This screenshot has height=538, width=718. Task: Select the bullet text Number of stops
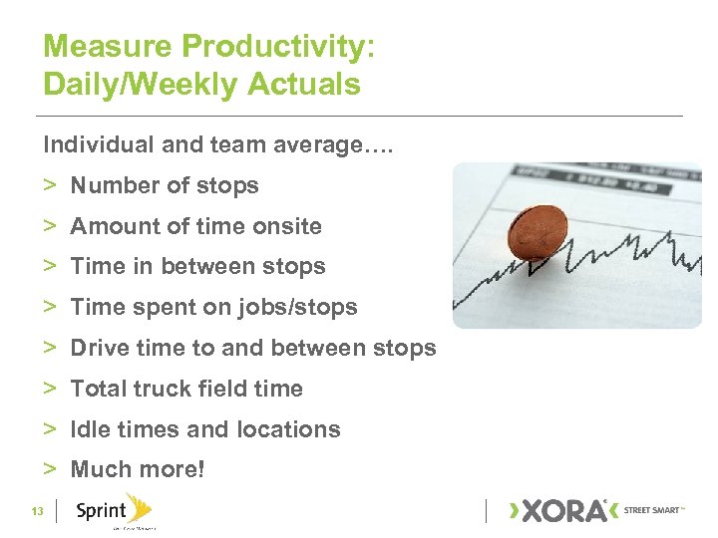pyautogui.click(x=164, y=185)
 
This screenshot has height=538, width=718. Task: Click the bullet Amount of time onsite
pyautogui.click(x=195, y=226)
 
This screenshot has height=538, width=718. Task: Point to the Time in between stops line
pyautogui.click(x=197, y=267)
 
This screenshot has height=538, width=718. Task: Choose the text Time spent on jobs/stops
pyautogui.click(x=213, y=308)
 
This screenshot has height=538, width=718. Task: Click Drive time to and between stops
pyautogui.click(x=252, y=349)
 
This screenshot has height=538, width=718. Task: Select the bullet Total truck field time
pyautogui.click(x=185, y=390)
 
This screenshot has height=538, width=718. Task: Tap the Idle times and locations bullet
pyautogui.click(x=204, y=430)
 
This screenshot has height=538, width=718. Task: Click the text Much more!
pyautogui.click(x=137, y=469)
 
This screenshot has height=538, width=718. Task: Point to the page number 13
pyautogui.click(x=37, y=512)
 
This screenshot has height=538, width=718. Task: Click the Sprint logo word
pyautogui.click(x=100, y=512)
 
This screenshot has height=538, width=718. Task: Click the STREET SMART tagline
pyautogui.click(x=654, y=510)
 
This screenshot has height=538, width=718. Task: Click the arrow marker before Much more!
pyautogui.click(x=49, y=469)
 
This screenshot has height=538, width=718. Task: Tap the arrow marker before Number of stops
pyautogui.click(x=49, y=185)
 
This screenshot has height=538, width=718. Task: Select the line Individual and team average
pyautogui.click(x=218, y=144)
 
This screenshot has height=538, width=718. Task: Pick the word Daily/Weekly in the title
pyautogui.click(x=132, y=85)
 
